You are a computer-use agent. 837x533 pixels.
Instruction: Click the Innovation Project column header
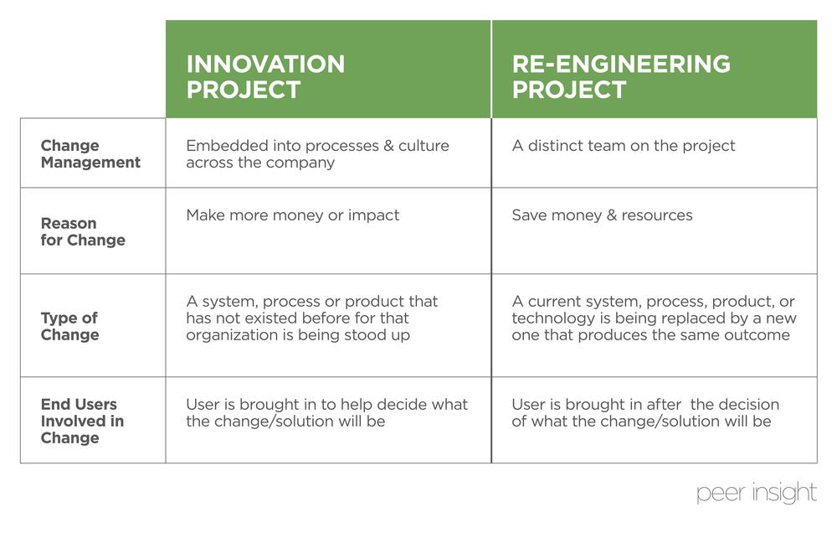pos(265,76)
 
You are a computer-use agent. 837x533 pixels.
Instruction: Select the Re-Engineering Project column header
pos(621,76)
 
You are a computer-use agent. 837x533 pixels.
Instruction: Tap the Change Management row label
pos(90,154)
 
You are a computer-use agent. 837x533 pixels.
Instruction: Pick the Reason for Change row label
pos(83,232)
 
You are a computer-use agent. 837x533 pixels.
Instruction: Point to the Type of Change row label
pos(70,326)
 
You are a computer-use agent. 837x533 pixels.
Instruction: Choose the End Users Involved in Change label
pos(82,421)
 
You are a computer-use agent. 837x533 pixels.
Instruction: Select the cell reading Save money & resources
pos(602,215)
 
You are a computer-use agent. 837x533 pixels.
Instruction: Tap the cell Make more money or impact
pos(292,215)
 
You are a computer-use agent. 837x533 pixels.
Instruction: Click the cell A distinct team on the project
pos(623,146)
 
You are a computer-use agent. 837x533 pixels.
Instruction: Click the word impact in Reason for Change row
pos(374,215)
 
